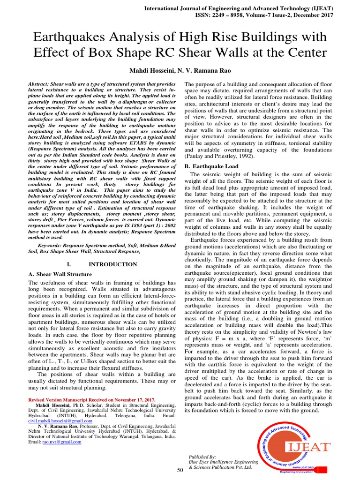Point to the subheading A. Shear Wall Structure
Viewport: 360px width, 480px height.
tap(60, 274)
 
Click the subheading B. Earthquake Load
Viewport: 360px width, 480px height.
tap(211, 166)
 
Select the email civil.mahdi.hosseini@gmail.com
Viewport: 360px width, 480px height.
tap(60, 421)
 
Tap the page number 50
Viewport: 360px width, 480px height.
tap(180, 470)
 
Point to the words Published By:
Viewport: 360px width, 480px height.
tap(202, 457)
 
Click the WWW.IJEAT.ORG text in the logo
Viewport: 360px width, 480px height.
tap(302, 467)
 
